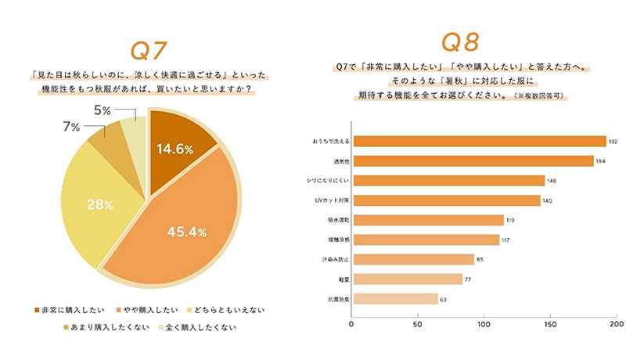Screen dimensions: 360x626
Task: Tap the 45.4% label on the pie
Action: [186, 232]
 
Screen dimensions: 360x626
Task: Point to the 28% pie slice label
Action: [99, 204]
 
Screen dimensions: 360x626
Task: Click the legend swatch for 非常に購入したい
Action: [38, 310]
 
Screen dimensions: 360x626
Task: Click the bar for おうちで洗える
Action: [479, 142]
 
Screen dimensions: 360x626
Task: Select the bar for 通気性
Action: [473, 161]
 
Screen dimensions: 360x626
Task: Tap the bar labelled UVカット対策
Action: [446, 200]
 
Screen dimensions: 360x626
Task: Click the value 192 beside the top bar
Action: [613, 142]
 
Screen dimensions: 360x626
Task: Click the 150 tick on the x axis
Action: [552, 322]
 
